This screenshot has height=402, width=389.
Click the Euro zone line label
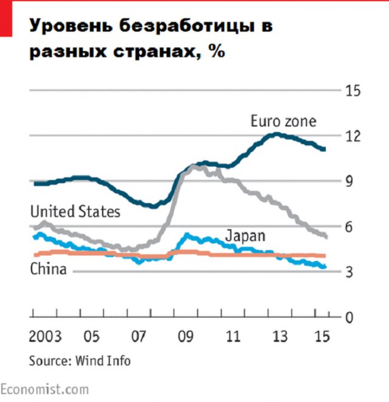[284, 121]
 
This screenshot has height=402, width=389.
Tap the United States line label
[75, 211]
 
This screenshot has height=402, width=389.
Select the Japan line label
[246, 236]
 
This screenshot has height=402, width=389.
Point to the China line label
[48, 269]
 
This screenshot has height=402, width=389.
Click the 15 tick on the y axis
[351, 90]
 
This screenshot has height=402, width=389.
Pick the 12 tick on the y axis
[351, 136]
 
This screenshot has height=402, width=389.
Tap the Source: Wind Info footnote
[79, 360]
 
